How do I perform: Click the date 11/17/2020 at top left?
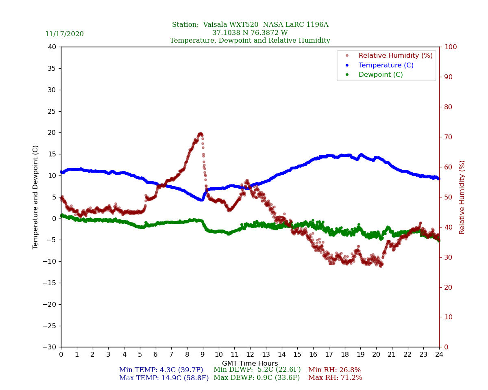64,34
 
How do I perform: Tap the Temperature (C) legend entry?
386,65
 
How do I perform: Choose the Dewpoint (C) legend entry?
381,75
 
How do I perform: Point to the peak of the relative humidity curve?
200,134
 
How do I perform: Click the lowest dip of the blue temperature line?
201,199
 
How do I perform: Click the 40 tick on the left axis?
52,47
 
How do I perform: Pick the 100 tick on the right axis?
450,47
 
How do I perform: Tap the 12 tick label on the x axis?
250,355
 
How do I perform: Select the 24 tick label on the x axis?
439,355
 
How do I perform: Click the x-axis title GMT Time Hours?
250,364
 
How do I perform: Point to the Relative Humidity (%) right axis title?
462,197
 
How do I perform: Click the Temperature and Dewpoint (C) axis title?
36,197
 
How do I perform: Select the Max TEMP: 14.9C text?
164,378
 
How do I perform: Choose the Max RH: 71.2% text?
335,378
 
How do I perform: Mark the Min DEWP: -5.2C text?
257,370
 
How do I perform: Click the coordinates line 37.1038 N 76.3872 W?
250,33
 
